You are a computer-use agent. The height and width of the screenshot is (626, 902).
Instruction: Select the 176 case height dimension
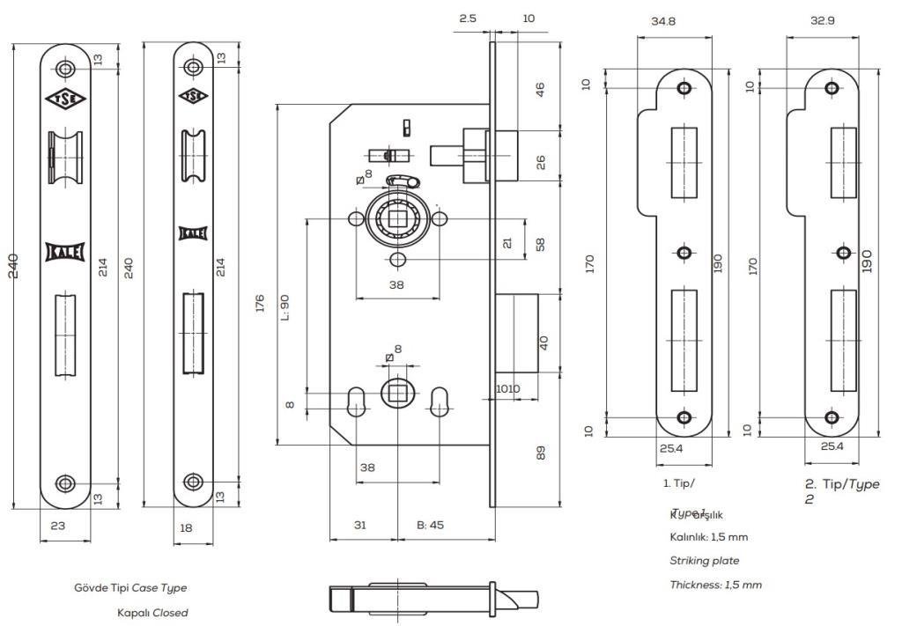pyautogui.click(x=261, y=304)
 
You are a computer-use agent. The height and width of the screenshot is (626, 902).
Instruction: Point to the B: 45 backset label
pyautogui.click(x=431, y=525)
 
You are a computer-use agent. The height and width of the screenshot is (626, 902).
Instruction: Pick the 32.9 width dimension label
pyautogui.click(x=823, y=20)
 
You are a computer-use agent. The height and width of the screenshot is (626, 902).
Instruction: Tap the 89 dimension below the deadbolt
pyautogui.click(x=542, y=453)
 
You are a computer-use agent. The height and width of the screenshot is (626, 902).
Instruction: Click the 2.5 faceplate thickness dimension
pyautogui.click(x=467, y=18)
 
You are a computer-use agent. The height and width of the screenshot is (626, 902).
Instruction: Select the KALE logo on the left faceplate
pyautogui.click(x=65, y=254)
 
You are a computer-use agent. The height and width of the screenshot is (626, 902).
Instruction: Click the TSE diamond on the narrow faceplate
pyautogui.click(x=193, y=96)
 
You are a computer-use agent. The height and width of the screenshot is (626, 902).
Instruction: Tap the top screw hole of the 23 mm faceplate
pyautogui.click(x=65, y=69)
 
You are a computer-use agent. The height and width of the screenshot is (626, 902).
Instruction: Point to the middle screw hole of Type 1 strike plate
pyautogui.click(x=684, y=253)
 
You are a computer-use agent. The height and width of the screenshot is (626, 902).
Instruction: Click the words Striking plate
pyautogui.click(x=704, y=560)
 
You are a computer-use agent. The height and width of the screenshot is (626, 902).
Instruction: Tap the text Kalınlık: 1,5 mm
pyautogui.click(x=708, y=536)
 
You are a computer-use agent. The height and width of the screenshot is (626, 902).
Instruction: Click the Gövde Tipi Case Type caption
pyautogui.click(x=130, y=587)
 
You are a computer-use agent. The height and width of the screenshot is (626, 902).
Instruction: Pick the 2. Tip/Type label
pyautogui.click(x=841, y=484)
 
